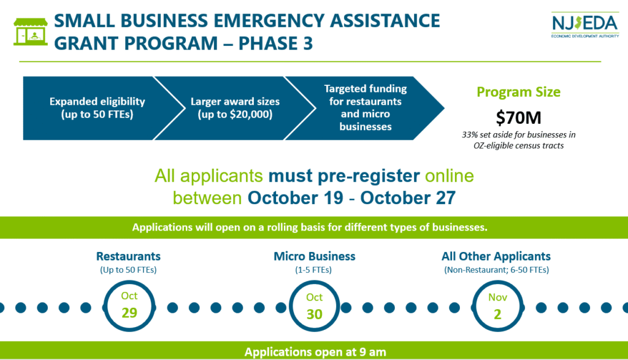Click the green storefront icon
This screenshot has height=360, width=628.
click(31, 31)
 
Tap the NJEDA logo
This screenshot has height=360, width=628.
click(585, 25)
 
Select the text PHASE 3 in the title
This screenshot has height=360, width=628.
click(275, 44)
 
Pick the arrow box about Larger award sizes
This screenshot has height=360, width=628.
click(235, 108)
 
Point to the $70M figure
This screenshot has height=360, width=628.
click(518, 118)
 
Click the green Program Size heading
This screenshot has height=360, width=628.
click(518, 92)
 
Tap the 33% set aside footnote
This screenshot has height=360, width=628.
click(518, 140)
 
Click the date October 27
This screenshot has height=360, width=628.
click(408, 198)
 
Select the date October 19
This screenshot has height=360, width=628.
click(295, 198)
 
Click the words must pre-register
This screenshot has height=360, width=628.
click(344, 176)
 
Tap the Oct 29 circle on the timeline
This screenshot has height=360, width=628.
click(129, 307)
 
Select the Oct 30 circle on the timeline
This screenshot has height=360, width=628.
click(315, 307)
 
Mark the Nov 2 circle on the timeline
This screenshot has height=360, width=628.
click(497, 307)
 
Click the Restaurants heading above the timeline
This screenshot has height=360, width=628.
click(128, 256)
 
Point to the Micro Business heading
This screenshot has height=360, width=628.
click(315, 256)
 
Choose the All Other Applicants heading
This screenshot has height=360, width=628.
click(496, 256)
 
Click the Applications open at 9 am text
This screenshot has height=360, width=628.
click(315, 352)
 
